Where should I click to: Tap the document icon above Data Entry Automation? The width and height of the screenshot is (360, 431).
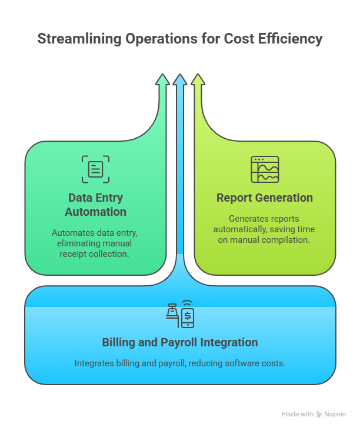point(95,169)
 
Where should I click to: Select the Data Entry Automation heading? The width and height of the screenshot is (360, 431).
point(95,205)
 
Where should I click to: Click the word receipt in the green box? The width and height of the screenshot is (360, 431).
point(78,254)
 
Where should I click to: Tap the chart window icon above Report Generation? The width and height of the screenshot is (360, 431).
point(265,169)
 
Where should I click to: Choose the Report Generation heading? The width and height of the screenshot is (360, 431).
point(265,198)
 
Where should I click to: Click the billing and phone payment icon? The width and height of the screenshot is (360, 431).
point(180,315)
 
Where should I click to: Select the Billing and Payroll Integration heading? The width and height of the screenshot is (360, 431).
point(180,342)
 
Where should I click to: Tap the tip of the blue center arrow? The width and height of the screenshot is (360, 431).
point(180,76)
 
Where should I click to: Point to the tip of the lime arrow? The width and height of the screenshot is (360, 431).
point(198,76)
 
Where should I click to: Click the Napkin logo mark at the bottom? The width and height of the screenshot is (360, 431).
point(319,415)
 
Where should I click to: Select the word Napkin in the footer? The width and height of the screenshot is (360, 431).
point(336,415)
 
